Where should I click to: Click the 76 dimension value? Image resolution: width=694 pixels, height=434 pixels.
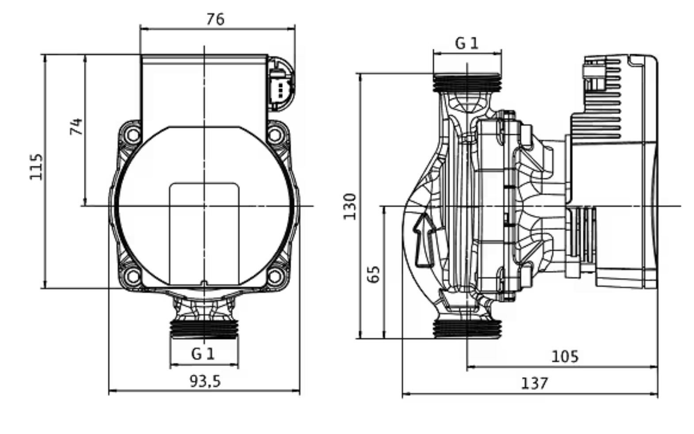(215, 19)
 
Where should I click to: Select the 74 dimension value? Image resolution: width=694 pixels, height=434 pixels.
(76, 126)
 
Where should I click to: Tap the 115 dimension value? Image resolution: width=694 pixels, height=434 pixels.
(36, 167)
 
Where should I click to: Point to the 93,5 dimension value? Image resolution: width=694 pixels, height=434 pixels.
(205, 381)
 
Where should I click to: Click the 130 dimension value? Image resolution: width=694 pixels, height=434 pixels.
(350, 206)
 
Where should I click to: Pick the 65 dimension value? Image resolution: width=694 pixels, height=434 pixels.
(374, 274)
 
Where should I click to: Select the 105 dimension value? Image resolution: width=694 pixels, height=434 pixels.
(564, 356)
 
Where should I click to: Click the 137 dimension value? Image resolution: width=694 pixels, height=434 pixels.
(534, 383)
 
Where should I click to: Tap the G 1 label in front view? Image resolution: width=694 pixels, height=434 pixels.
(203, 354)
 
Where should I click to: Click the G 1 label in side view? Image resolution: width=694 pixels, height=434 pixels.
(467, 43)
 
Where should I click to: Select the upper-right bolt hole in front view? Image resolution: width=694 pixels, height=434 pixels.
(275, 134)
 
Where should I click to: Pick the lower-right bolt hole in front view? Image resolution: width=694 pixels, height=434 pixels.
(275, 277)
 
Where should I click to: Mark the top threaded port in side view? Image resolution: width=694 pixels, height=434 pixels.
(467, 83)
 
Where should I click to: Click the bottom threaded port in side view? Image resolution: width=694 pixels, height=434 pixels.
(467, 329)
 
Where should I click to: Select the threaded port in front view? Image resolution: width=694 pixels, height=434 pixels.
(204, 329)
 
